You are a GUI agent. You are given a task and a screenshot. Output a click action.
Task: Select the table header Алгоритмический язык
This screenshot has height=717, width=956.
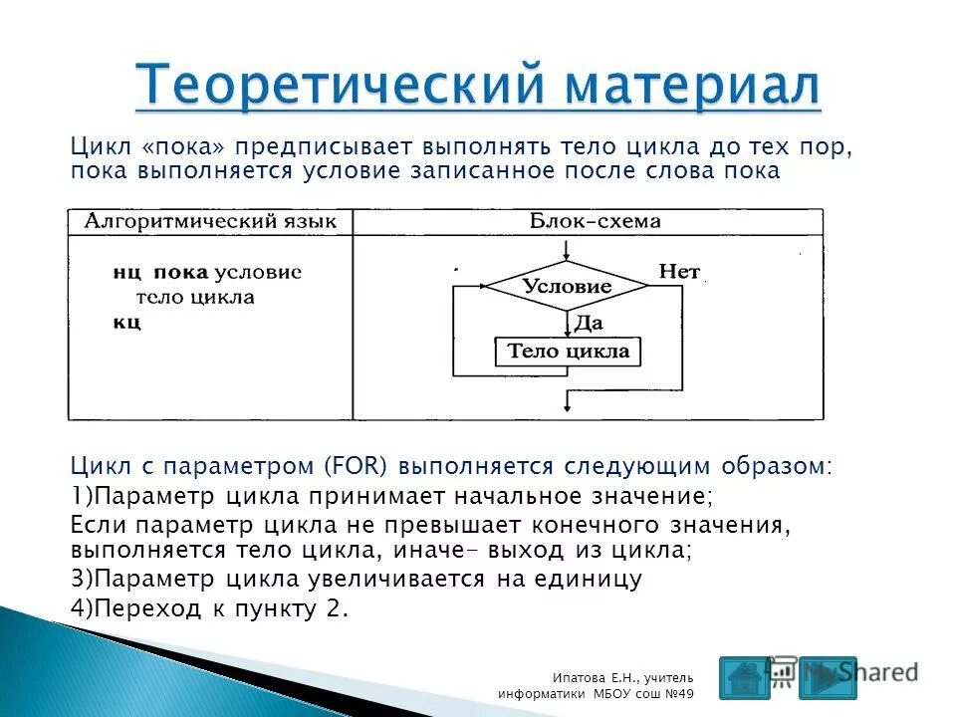(210, 221)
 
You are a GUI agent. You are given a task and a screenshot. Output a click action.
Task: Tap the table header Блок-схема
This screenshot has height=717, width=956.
(589, 221)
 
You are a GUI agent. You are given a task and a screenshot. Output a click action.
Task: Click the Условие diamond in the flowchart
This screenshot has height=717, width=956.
(566, 287)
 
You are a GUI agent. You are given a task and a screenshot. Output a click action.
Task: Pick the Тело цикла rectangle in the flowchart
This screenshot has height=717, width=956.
(568, 352)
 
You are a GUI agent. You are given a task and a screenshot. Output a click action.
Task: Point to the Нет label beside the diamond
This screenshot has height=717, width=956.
(679, 271)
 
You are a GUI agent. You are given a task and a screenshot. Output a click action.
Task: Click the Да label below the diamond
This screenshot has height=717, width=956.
(589, 323)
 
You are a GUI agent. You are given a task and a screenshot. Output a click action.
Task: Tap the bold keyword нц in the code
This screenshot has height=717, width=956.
(125, 272)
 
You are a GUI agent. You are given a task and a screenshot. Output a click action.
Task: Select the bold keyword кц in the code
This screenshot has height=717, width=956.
(125, 322)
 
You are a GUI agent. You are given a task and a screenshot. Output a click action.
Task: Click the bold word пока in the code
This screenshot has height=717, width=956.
(181, 272)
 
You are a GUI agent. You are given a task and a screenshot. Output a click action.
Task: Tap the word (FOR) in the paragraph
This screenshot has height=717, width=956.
(348, 466)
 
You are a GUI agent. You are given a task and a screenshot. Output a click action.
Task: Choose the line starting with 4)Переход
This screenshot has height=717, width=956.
(210, 609)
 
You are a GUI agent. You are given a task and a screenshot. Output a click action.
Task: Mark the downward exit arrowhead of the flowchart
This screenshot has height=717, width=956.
(566, 405)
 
